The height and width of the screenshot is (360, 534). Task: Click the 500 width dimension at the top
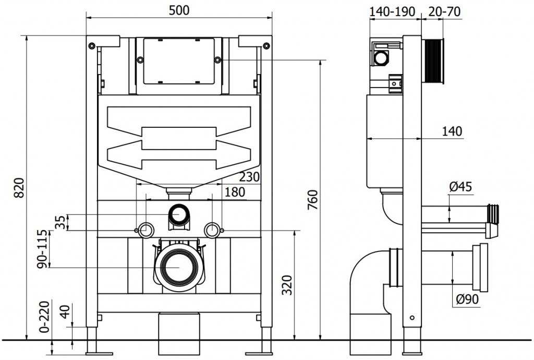tap(179, 10)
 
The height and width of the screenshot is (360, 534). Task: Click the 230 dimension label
tap(249, 177)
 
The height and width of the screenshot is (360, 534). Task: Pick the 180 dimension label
tap(235, 193)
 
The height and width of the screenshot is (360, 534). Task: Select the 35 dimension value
tap(61, 222)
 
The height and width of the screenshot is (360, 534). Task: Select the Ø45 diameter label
tap(460, 187)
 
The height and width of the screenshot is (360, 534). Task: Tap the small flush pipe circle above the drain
tap(179, 213)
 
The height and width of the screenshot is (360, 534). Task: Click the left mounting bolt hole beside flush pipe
tap(145, 229)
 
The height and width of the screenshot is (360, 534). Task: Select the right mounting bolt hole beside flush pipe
tap(212, 229)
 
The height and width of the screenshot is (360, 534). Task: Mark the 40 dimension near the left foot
tap(64, 315)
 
